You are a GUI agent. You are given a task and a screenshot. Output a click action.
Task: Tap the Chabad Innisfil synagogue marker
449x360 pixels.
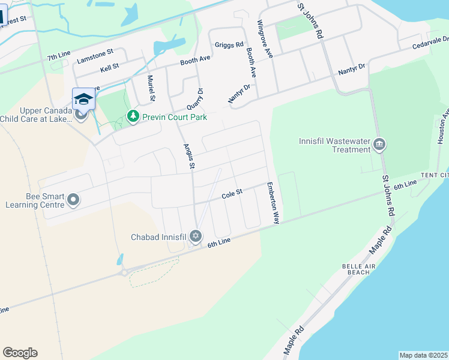point(195,236)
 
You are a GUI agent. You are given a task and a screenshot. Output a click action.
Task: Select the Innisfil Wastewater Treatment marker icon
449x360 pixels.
point(379,145)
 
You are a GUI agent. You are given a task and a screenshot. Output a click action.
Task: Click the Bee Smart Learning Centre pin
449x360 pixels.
point(73,199)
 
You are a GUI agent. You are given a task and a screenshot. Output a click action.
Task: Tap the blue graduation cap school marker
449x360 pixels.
point(83,100)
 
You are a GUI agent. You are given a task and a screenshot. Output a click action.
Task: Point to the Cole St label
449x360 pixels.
point(231,194)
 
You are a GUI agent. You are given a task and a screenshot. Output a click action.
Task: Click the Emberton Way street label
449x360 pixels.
point(273,203)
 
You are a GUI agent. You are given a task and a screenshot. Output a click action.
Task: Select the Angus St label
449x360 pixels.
point(189,155)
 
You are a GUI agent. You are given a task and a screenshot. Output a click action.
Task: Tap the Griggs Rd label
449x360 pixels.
point(229,45)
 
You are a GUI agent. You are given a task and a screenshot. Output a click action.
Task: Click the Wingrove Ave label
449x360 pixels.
point(265,38)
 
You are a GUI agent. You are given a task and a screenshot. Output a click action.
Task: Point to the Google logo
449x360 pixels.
point(20,353)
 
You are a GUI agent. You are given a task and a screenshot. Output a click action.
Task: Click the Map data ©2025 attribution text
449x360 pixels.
point(423,355)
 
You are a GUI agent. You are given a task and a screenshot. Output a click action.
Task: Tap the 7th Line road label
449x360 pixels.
point(59,58)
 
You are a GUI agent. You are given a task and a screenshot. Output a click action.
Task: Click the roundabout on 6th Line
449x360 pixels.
point(124,272)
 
